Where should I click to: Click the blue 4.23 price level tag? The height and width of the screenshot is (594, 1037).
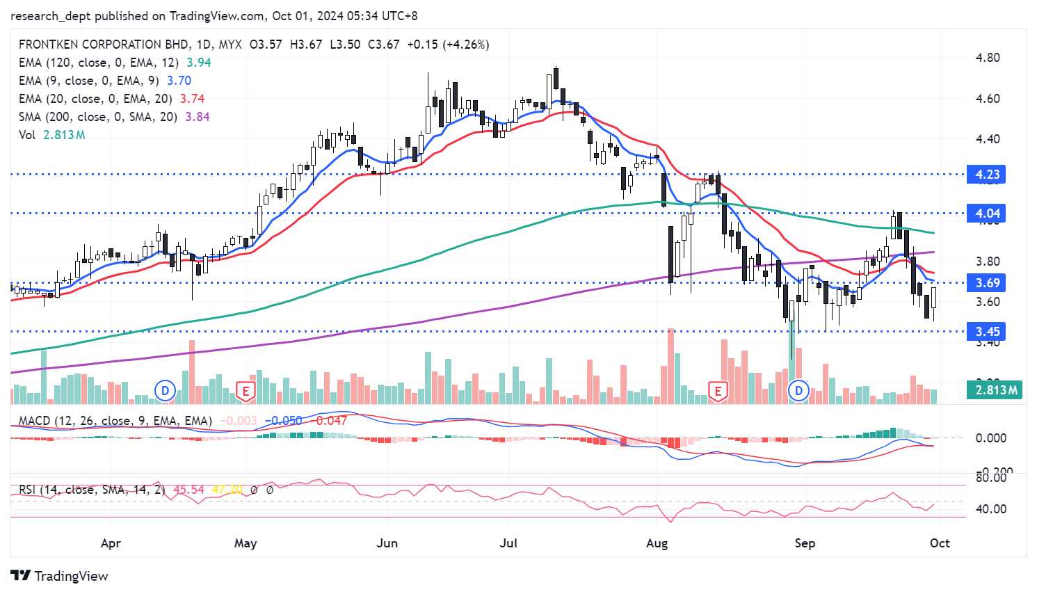pyautogui.click(x=987, y=174)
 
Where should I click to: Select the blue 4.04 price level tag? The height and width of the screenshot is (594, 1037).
pyautogui.click(x=987, y=214)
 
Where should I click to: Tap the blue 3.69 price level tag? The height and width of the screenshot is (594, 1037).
pyautogui.click(x=987, y=282)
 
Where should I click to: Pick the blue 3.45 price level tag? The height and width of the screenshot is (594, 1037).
pyautogui.click(x=987, y=331)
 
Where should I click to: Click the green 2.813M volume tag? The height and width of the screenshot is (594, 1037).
pyautogui.click(x=995, y=390)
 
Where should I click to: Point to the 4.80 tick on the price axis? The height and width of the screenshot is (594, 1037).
pyautogui.click(x=988, y=58)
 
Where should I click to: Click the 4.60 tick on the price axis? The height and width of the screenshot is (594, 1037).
pyautogui.click(x=988, y=99)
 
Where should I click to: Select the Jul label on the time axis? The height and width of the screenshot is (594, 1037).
pyautogui.click(x=508, y=543)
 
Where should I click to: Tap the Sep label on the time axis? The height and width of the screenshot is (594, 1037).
pyautogui.click(x=805, y=543)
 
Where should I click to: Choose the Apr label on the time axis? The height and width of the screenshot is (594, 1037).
pyautogui.click(x=111, y=543)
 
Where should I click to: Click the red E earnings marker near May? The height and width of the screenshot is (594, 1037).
pyautogui.click(x=246, y=390)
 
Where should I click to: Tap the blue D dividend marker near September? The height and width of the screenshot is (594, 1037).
pyautogui.click(x=798, y=390)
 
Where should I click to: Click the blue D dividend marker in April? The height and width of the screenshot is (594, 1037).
pyautogui.click(x=165, y=390)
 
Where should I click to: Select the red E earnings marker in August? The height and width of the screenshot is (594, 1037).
pyautogui.click(x=718, y=390)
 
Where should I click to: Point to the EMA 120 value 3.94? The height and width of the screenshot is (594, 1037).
pyautogui.click(x=199, y=63)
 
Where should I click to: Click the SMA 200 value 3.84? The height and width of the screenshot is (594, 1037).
pyautogui.click(x=198, y=117)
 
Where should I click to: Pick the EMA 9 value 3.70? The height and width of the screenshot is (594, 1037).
pyautogui.click(x=179, y=81)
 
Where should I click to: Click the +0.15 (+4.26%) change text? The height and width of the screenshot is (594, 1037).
pyautogui.click(x=448, y=45)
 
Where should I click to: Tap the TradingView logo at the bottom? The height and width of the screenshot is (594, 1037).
pyautogui.click(x=60, y=576)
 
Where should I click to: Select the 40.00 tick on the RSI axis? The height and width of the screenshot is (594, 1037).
pyautogui.click(x=990, y=508)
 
